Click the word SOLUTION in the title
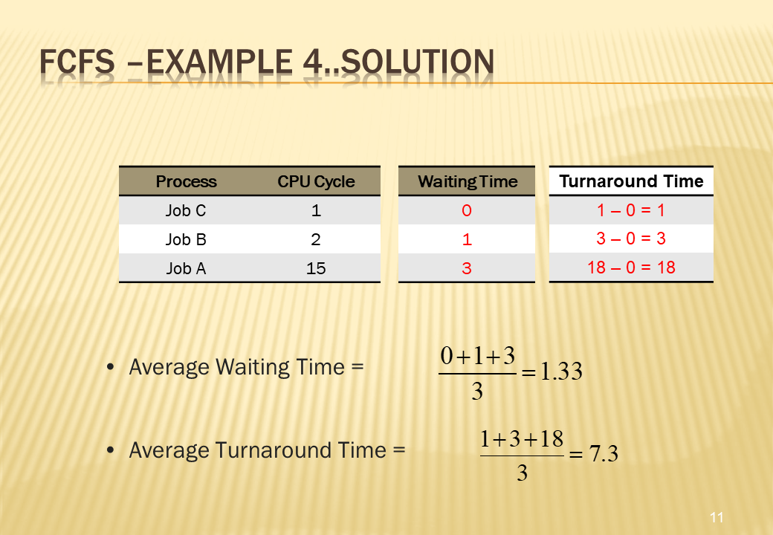[417, 62]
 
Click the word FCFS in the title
[77, 62]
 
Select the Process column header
[186, 182]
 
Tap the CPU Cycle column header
[316, 182]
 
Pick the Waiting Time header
[468, 182]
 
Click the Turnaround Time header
[631, 181]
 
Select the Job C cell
[186, 210]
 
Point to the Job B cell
[186, 239]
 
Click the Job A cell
[186, 268]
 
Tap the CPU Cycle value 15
[316, 268]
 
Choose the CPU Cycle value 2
[316, 239]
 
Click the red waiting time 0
[467, 210]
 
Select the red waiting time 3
[467, 268]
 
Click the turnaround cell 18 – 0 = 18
[631, 267]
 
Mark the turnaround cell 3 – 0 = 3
[631, 239]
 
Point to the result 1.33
[561, 371]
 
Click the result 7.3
[604, 453]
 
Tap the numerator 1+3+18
[522, 438]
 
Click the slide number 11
[717, 517]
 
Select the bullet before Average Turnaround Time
[111, 450]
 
